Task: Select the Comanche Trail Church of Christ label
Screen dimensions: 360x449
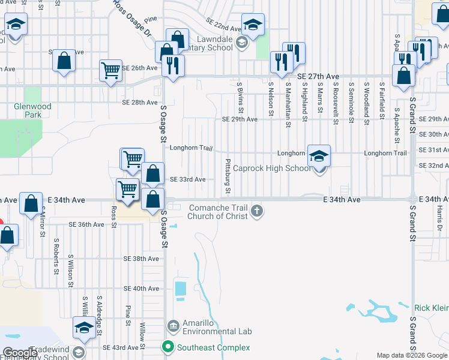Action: pyautogui.click(x=217, y=212)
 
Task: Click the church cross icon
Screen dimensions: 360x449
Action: pyautogui.click(x=257, y=210)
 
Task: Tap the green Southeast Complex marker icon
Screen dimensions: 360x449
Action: pyautogui.click(x=169, y=347)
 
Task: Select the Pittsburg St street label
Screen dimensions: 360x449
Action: pyautogui.click(x=228, y=176)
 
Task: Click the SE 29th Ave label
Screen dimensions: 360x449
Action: pyautogui.click(x=240, y=119)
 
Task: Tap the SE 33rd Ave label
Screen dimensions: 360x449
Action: pyautogui.click(x=188, y=179)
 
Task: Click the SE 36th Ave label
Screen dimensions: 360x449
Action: pyautogui.click(x=86, y=224)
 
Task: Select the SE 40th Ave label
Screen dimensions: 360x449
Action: pyautogui.click(x=141, y=289)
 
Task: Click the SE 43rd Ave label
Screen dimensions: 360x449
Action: pyautogui.click(x=121, y=347)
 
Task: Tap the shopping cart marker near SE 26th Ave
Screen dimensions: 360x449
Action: pyautogui.click(x=111, y=71)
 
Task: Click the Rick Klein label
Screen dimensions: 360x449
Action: pyautogui.click(x=431, y=308)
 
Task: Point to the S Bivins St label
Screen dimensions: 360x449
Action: pyautogui.click(x=240, y=98)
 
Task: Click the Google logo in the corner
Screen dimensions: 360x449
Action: pyautogui.click(x=20, y=353)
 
